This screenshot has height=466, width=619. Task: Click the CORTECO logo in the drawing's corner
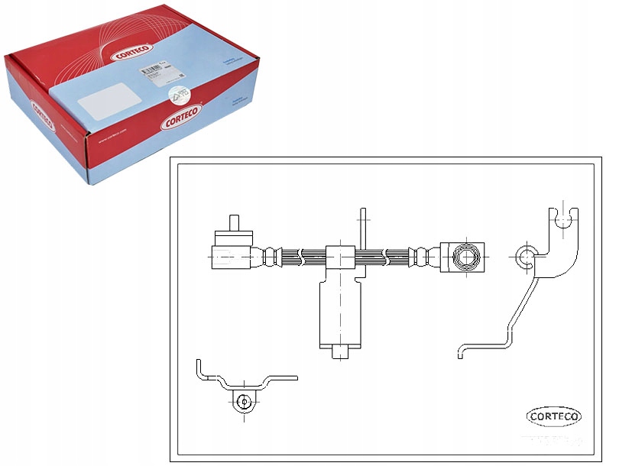click(555, 417)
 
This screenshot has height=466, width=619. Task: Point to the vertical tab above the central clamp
click(363, 228)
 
